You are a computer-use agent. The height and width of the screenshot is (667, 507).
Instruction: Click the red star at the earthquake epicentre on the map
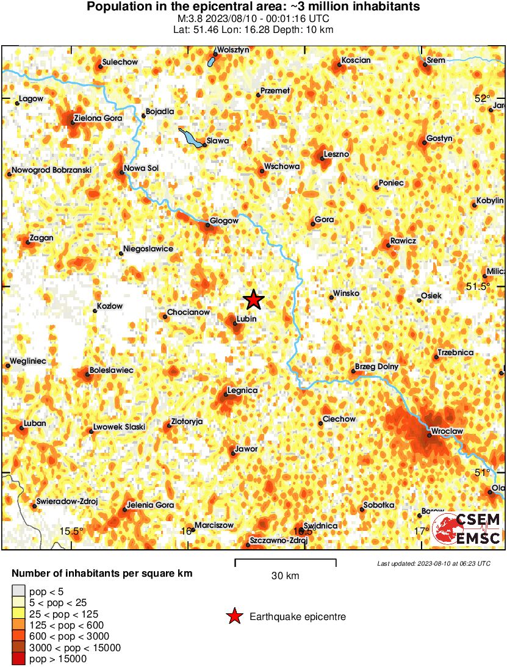pos(253,300)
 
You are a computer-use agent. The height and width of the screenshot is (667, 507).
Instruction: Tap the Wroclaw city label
pos(447,431)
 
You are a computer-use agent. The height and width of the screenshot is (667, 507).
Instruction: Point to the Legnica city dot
pos(226,395)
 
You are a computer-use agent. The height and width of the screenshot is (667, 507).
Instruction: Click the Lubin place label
pos(246,319)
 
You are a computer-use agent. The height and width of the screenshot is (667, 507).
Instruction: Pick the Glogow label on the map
pos(224,220)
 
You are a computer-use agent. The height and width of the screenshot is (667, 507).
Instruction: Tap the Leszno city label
pos(336,154)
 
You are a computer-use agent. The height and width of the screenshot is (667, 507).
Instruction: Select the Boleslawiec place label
pos(111,370)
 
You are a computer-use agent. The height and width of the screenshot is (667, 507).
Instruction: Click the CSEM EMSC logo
pos(467,528)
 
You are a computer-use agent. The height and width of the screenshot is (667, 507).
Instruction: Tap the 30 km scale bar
pos(286,560)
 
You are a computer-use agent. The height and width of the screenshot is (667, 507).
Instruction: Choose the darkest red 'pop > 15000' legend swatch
pos(19,658)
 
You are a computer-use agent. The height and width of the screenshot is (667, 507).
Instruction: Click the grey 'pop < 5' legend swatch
pos(19,590)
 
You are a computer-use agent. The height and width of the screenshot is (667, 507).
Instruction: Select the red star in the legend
pos(234,617)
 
